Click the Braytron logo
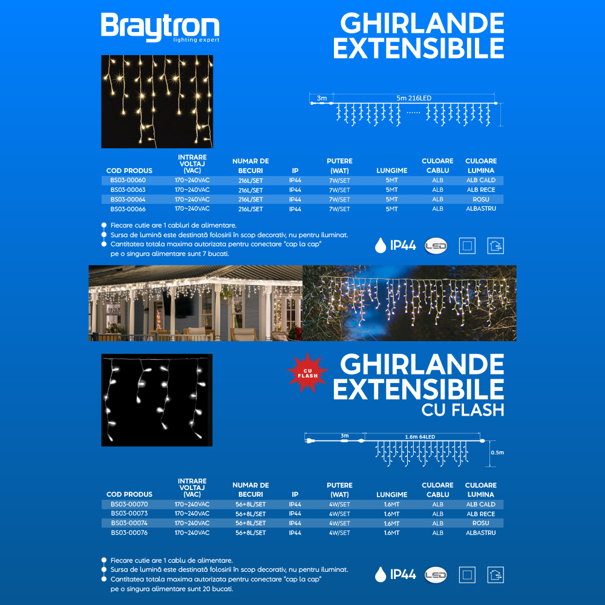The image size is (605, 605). [x=160, y=28]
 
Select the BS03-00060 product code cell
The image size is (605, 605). [x=128, y=180]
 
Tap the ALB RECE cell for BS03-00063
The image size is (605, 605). [x=480, y=190]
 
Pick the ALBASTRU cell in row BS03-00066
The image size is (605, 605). [x=480, y=209]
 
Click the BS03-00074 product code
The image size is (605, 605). [x=129, y=523]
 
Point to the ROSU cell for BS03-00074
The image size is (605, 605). [x=480, y=523]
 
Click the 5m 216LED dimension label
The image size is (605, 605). [x=414, y=98]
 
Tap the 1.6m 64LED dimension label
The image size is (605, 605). [x=420, y=436]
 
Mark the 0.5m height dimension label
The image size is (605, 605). [x=497, y=453]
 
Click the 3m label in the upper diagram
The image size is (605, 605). [x=322, y=98]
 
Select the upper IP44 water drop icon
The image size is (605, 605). [x=380, y=245]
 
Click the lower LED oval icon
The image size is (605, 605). [x=436, y=575]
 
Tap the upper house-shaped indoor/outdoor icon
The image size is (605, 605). [x=495, y=246]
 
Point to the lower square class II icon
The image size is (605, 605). [x=467, y=575]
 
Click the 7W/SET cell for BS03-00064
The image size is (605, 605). [x=339, y=200]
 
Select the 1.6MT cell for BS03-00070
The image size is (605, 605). [x=391, y=505]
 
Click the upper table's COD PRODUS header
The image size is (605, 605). [x=129, y=171]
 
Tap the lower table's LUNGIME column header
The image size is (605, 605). [x=391, y=495]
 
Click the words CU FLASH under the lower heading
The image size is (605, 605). [x=463, y=410]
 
